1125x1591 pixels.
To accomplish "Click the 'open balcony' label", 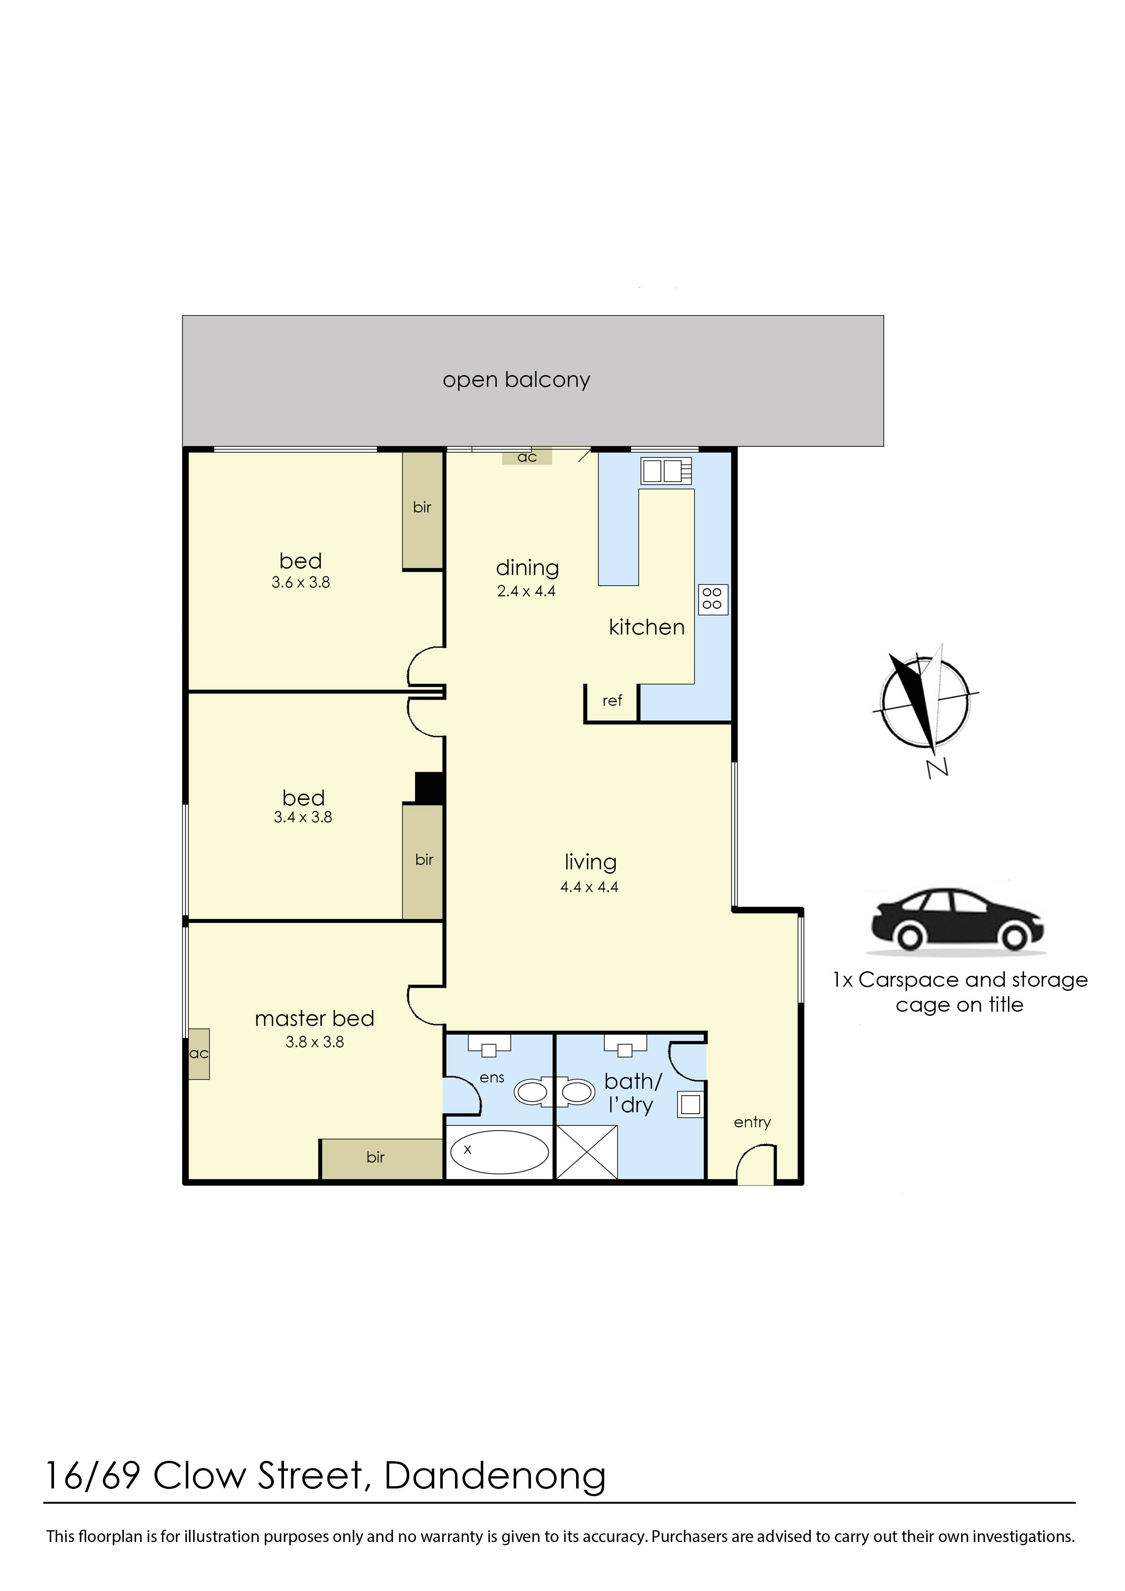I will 516,380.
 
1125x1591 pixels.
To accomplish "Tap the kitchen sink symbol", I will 666,471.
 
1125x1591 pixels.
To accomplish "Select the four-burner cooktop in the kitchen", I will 713,599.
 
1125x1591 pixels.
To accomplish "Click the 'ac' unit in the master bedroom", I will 199,1053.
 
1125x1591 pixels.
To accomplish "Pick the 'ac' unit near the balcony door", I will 527,457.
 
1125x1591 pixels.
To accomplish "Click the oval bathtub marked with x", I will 499,1152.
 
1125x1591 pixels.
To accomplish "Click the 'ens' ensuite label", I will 492,1077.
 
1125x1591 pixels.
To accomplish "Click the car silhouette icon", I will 957,920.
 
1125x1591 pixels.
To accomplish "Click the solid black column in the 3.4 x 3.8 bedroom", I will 430,788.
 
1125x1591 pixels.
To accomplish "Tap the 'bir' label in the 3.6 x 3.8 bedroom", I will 422,507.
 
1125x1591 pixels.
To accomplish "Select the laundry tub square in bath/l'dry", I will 690,1105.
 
